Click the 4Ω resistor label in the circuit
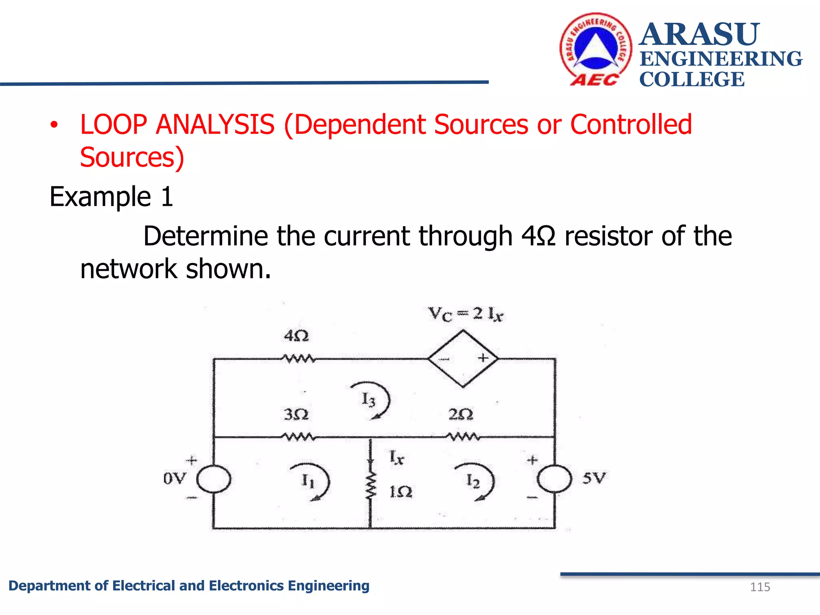296,336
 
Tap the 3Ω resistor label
296,414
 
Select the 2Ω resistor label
460,414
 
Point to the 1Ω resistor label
401,492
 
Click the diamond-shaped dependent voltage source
463,358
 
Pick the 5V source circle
555,479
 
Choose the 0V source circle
214,479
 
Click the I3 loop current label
368,400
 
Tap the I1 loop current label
308,480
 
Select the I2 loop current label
473,480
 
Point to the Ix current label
397,457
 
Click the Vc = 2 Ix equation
465,314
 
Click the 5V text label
594,478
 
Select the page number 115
760,587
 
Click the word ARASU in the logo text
699,34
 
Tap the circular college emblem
596,49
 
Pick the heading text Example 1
111,197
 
